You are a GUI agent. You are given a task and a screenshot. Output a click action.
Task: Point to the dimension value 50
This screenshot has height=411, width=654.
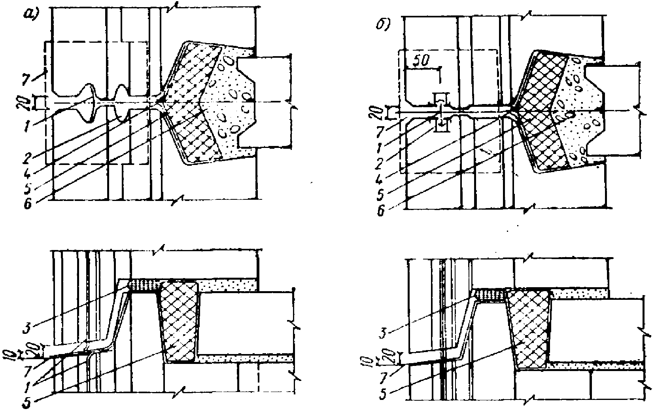tap(421, 61)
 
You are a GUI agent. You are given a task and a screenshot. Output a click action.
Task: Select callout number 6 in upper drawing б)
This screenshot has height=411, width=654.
tap(380, 211)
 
